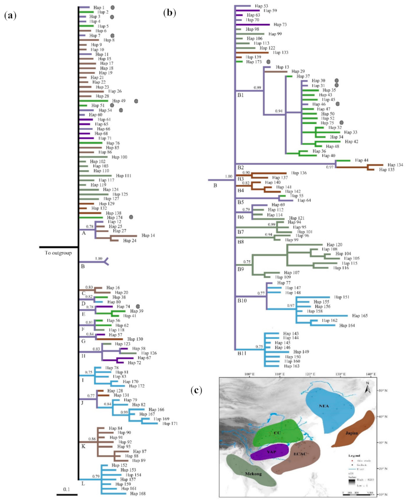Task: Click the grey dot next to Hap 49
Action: coord(136,101)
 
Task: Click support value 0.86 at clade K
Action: coord(91,439)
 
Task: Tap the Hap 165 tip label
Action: coord(361,315)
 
